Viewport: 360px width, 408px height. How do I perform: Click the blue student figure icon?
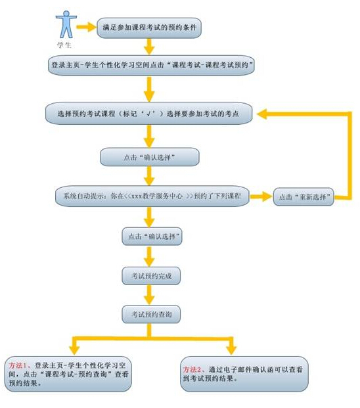66,24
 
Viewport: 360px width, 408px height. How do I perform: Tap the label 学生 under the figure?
64,45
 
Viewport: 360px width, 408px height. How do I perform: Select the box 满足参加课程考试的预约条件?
149,28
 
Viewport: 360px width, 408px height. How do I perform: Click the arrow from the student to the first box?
86,27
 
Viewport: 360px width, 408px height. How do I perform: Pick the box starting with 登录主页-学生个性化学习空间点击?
151,65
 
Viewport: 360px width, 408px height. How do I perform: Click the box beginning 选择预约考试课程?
148,113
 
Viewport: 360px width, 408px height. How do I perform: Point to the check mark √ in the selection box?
149,114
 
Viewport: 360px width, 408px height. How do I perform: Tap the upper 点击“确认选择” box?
150,157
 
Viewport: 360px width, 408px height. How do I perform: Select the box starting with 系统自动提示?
152,196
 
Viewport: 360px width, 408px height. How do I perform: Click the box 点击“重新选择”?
304,196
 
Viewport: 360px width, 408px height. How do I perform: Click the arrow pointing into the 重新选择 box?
261,196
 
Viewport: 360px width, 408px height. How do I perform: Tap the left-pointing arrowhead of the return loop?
262,114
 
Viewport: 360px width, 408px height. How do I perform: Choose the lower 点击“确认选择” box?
152,237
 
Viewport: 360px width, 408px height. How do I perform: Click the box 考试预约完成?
151,276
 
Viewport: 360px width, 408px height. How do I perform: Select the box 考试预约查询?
151,314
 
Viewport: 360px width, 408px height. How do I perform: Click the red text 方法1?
18,365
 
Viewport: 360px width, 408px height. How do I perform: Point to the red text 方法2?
192,369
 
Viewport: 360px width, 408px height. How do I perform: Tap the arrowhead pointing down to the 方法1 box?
74,350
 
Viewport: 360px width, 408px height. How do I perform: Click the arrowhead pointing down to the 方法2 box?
231,350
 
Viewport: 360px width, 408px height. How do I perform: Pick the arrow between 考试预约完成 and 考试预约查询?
149,295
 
